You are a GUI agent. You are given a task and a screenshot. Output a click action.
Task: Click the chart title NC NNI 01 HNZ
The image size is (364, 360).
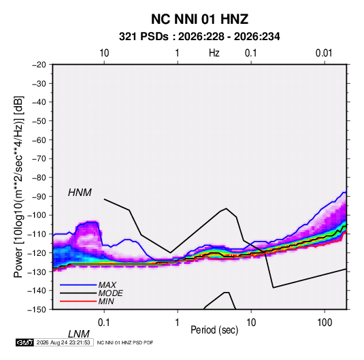click(x=199, y=19)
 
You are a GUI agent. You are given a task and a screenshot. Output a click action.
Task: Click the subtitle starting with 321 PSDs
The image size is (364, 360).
click(x=199, y=37)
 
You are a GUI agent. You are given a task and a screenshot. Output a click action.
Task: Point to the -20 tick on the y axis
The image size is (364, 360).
click(x=39, y=65)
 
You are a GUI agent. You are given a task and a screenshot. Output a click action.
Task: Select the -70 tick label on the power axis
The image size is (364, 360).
click(x=39, y=159)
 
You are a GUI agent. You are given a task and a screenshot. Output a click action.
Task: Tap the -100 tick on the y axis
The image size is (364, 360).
click(x=37, y=215)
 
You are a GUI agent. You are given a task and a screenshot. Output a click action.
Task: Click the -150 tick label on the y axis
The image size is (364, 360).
click(x=37, y=310)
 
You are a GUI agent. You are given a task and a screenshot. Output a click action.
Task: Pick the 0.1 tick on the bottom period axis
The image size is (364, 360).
click(x=104, y=322)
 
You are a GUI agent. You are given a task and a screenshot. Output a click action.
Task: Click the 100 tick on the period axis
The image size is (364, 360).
click(x=325, y=322)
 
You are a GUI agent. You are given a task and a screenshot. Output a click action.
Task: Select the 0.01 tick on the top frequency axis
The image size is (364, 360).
click(x=324, y=53)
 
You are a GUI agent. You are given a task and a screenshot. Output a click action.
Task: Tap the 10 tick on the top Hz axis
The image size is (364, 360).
click(x=104, y=53)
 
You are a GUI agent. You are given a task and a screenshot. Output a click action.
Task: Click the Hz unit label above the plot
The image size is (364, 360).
click(x=214, y=53)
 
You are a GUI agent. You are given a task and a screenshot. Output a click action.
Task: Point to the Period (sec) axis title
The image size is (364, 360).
click(x=214, y=330)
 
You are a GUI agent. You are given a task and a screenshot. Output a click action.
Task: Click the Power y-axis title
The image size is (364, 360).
click(x=18, y=187)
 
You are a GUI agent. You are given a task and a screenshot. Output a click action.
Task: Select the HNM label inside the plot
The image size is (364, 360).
click(x=80, y=193)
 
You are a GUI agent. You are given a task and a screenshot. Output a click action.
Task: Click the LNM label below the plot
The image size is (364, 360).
click(x=78, y=334)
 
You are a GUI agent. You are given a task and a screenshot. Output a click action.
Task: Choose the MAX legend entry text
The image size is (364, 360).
click(x=107, y=285)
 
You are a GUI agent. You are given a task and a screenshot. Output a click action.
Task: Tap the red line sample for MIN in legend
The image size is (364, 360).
click(x=78, y=301)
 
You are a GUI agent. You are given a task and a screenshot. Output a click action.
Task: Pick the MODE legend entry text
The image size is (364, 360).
click(x=110, y=293)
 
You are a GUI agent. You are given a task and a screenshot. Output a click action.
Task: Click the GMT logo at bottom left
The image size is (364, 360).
click(x=24, y=342)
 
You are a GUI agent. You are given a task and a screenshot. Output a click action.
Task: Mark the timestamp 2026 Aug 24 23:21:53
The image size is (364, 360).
click(x=63, y=342)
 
